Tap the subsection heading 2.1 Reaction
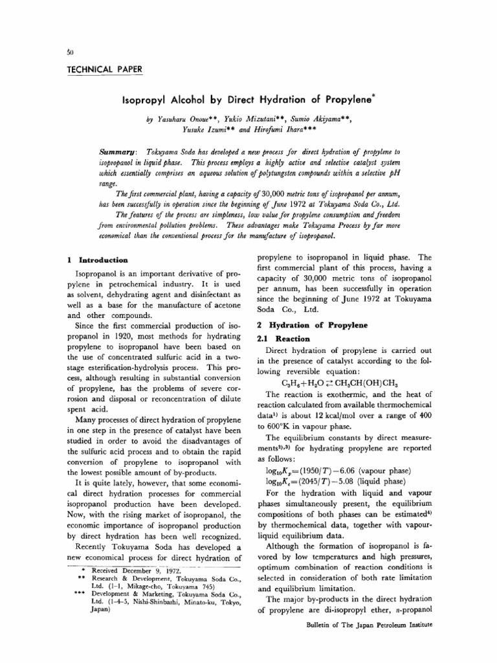(280, 338)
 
